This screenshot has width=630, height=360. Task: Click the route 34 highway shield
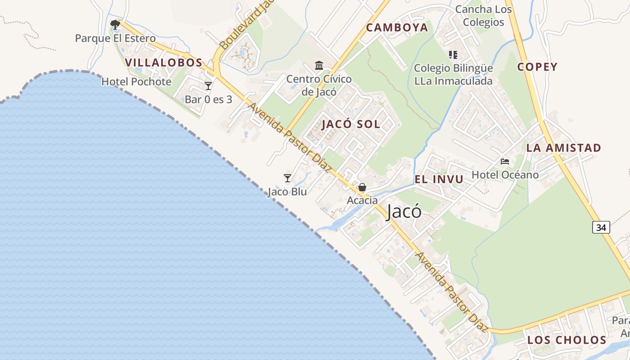point(601,227)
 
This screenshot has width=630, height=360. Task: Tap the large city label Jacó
point(404,211)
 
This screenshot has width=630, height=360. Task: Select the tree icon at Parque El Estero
point(115,24)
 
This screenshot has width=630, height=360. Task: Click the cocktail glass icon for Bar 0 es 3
point(208,85)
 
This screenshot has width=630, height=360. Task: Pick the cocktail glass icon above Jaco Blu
point(288,178)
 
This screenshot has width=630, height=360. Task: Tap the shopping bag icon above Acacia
point(362,187)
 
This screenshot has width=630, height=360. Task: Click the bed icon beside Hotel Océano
point(505,161)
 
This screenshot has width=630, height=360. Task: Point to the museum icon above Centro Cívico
point(319,66)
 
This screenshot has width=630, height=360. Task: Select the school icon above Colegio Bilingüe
point(453,55)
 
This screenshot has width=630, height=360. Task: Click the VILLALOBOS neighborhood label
point(164,63)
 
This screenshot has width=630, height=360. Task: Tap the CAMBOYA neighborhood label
point(397,27)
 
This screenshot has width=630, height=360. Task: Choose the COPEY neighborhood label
point(537,67)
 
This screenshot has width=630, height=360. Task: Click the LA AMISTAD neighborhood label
point(563,148)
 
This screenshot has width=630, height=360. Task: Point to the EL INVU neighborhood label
point(439,179)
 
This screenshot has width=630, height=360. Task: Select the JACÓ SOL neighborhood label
point(351,124)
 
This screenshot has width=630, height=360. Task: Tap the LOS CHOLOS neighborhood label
point(567,340)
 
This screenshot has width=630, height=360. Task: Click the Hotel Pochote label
point(136,82)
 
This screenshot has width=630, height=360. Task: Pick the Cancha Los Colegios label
point(483,16)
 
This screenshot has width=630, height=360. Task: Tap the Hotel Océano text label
point(505,175)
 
